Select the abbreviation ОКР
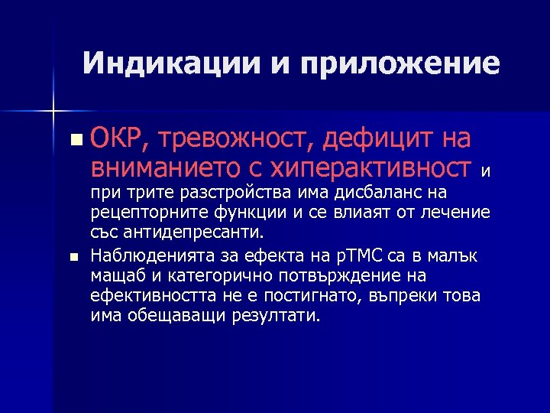pyautogui.click(x=114, y=139)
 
